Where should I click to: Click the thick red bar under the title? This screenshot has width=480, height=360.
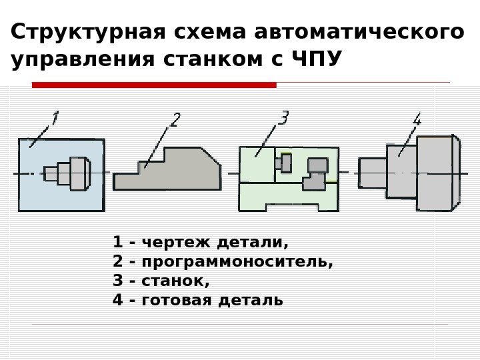click(154, 85)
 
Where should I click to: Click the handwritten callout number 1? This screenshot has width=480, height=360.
click(55, 120)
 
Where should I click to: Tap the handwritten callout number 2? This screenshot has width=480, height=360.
click(175, 121)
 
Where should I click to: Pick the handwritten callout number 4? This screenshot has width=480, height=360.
click(417, 121)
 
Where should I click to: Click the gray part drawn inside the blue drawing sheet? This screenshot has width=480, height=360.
click(68, 172)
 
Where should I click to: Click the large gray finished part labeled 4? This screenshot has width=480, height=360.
click(437, 172)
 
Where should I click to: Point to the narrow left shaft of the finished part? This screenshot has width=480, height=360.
click(372, 173)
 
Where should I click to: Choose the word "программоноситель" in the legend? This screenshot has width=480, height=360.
click(233, 261)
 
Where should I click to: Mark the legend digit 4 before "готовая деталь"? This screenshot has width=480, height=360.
click(118, 301)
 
